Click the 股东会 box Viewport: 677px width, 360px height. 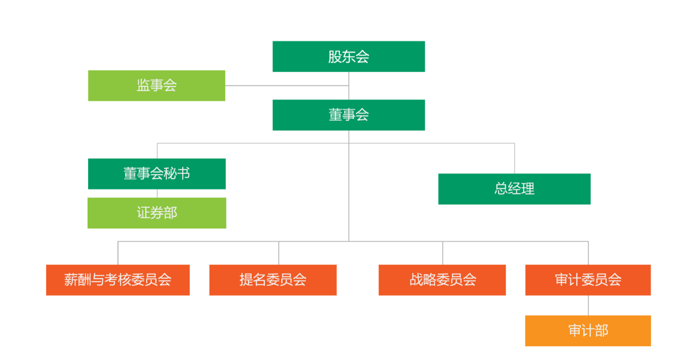click(x=349, y=57)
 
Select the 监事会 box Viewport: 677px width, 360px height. click(x=157, y=85)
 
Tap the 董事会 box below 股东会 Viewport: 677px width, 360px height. click(x=349, y=115)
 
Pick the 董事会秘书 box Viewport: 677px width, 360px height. click(x=157, y=173)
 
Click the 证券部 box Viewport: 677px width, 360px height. click(x=157, y=213)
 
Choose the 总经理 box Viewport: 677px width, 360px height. click(x=514, y=189)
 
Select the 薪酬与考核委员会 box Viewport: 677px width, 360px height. click(x=117, y=280)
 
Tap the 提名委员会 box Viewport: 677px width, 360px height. click(x=272, y=280)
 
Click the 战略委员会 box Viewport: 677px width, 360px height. click(x=442, y=280)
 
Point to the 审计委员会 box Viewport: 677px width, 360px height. click(x=588, y=280)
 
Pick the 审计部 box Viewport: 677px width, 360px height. click(x=588, y=331)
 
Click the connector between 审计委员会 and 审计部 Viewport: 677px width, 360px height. click(x=588, y=305)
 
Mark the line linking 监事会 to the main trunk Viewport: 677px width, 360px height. click(x=287, y=85)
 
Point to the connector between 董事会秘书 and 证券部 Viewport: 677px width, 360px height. click(x=157, y=193)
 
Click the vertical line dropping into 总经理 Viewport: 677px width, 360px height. click(x=514, y=158)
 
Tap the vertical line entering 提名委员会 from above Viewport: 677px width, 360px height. click(x=279, y=253)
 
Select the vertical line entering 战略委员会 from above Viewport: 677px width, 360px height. click(x=443, y=253)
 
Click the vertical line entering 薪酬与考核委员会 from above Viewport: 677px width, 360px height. click(x=118, y=253)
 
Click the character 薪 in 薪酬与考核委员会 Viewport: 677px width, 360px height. click(x=70, y=280)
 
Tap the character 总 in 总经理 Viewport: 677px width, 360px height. click(x=501, y=189)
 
